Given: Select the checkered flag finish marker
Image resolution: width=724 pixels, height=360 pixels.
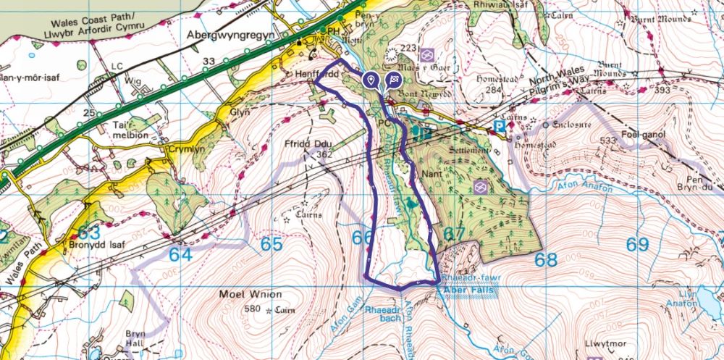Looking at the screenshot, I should [x=395, y=80].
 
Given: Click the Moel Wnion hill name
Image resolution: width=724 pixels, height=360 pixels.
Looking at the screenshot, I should [x=248, y=295].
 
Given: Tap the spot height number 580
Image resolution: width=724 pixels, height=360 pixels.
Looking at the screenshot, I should [x=253, y=309].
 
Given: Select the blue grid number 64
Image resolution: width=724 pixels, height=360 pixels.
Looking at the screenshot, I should [x=182, y=255].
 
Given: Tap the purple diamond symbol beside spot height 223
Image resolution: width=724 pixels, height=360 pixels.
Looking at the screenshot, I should [x=428, y=54].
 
